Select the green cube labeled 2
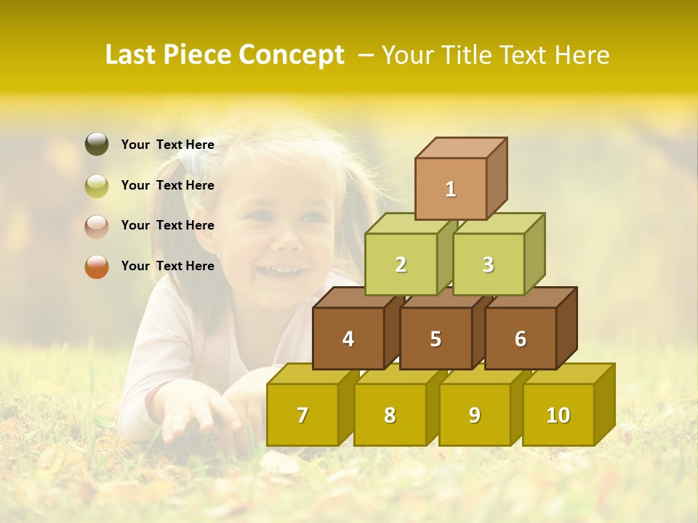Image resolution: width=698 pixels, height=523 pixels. coord(401,264)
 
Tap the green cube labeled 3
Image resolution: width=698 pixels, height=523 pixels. coord(488,264)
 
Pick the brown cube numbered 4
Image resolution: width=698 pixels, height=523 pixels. coord(348,338)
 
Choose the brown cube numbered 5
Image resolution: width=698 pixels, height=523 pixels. coord(436,338)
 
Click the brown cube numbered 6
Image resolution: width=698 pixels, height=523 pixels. coord(521,338)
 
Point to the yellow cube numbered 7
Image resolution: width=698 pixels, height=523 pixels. coord(302,415)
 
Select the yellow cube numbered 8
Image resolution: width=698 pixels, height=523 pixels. coord(390,415)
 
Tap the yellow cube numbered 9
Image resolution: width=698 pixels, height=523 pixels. coord(474,415)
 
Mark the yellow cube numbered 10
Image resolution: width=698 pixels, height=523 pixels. coord(558,415)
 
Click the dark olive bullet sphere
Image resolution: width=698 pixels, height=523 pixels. coord(97,145)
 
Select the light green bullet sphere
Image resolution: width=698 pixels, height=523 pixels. coord(97,186)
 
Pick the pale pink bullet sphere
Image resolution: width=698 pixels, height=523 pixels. coord(97,226)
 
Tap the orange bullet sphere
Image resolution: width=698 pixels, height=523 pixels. coord(97,267)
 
